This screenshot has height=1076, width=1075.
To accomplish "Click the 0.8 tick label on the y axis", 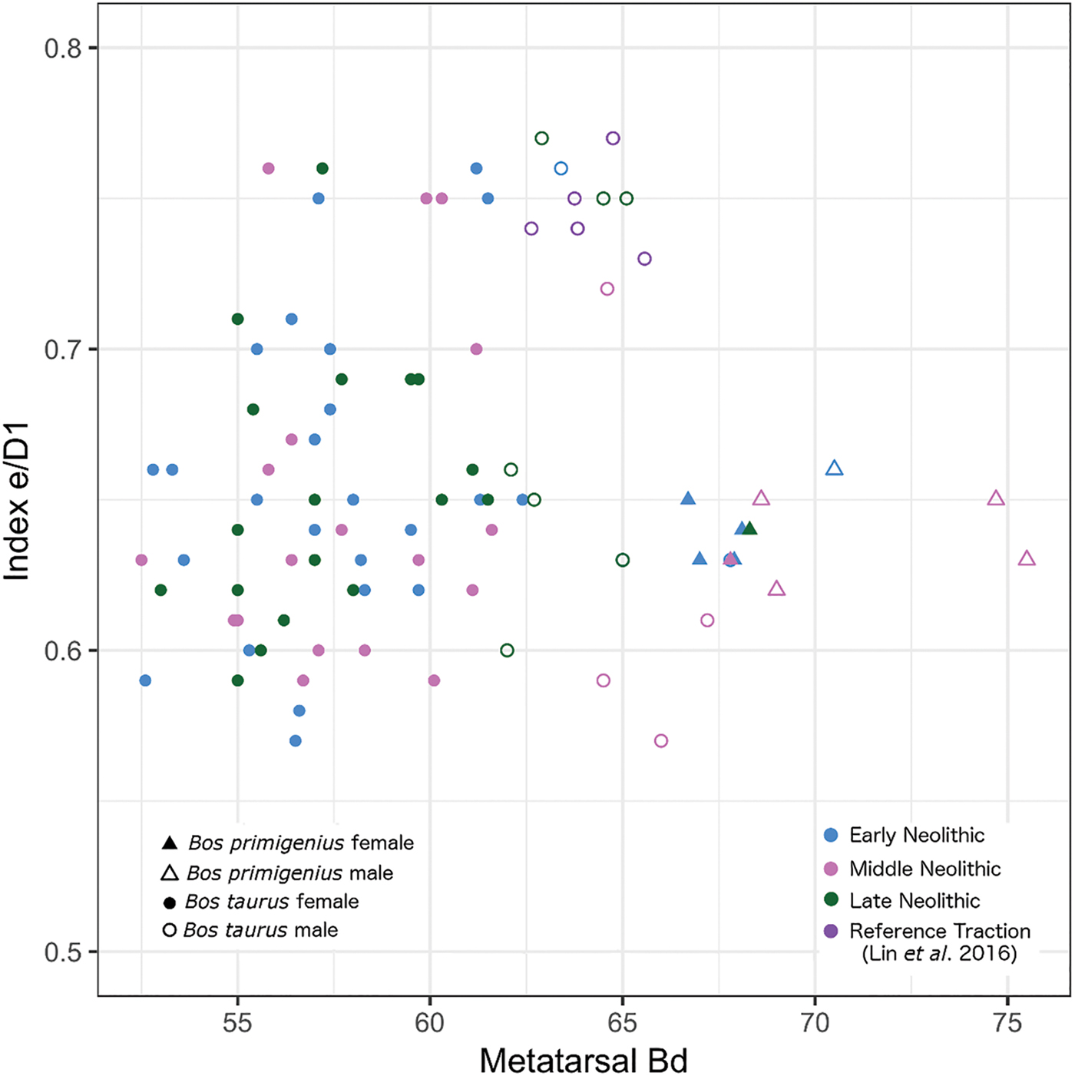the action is (62, 48).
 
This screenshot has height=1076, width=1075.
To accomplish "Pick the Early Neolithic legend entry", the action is (904, 836).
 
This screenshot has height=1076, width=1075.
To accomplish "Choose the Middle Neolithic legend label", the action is (925, 869).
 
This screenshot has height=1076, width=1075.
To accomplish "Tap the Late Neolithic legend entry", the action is (902, 901).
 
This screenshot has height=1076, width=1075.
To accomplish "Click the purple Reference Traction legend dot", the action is (832, 931).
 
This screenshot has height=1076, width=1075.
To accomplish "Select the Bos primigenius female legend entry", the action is (288, 843).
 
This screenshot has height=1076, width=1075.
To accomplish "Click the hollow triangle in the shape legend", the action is (170, 872).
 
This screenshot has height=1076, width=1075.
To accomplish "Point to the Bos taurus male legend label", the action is (260, 930).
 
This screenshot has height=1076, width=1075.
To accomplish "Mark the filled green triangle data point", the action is (749, 528).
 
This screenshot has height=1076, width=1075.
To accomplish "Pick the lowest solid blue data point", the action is (296, 741).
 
